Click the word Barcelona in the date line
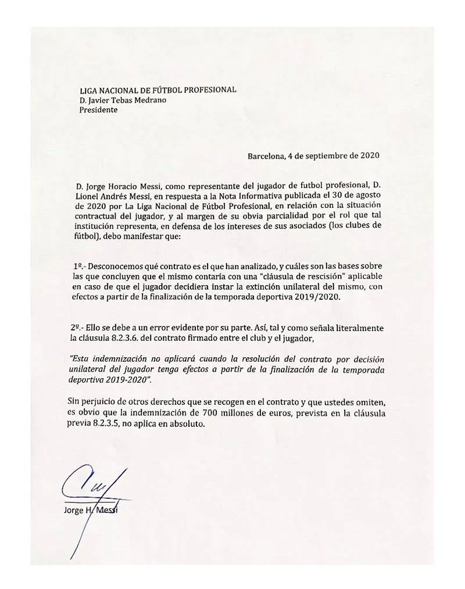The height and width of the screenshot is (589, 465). point(267,156)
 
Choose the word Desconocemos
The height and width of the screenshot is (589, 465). point(121,265)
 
